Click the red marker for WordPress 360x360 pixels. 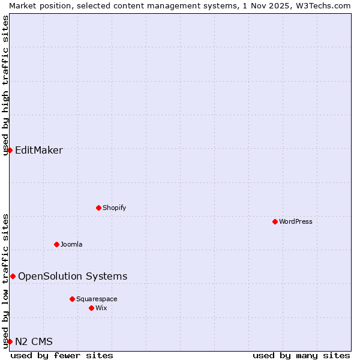click(x=275, y=221)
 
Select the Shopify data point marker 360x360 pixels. click(x=98, y=208)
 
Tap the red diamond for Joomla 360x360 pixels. click(x=56, y=244)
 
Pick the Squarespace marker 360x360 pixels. click(x=72, y=299)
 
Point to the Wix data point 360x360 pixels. click(x=91, y=308)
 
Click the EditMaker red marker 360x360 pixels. click(x=10, y=150)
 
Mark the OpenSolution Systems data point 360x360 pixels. click(x=13, y=276)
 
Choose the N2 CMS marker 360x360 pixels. click(x=10, y=341)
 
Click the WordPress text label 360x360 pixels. click(x=296, y=221)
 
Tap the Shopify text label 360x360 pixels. click(x=114, y=208)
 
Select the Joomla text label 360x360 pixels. click(x=71, y=244)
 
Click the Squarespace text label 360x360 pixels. click(x=97, y=299)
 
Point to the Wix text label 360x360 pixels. click(x=101, y=308)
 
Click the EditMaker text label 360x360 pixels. click(x=39, y=150)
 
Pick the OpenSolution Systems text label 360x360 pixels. click(x=73, y=276)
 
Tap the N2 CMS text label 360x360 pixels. click(x=34, y=341)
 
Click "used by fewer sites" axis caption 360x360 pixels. click(x=62, y=355)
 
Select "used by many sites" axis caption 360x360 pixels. click(x=301, y=355)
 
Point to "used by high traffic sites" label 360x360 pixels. click(x=5, y=85)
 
